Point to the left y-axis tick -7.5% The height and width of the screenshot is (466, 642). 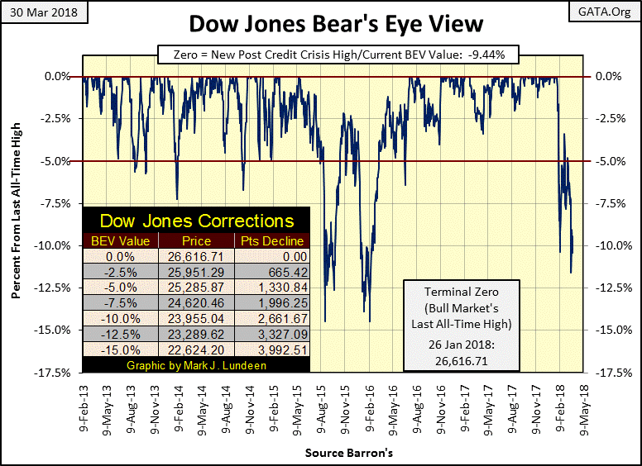point(55,203)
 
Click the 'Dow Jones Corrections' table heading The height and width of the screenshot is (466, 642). point(197,221)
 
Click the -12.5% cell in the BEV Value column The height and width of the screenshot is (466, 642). point(119,334)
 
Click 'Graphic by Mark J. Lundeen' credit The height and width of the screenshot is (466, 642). point(197,364)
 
